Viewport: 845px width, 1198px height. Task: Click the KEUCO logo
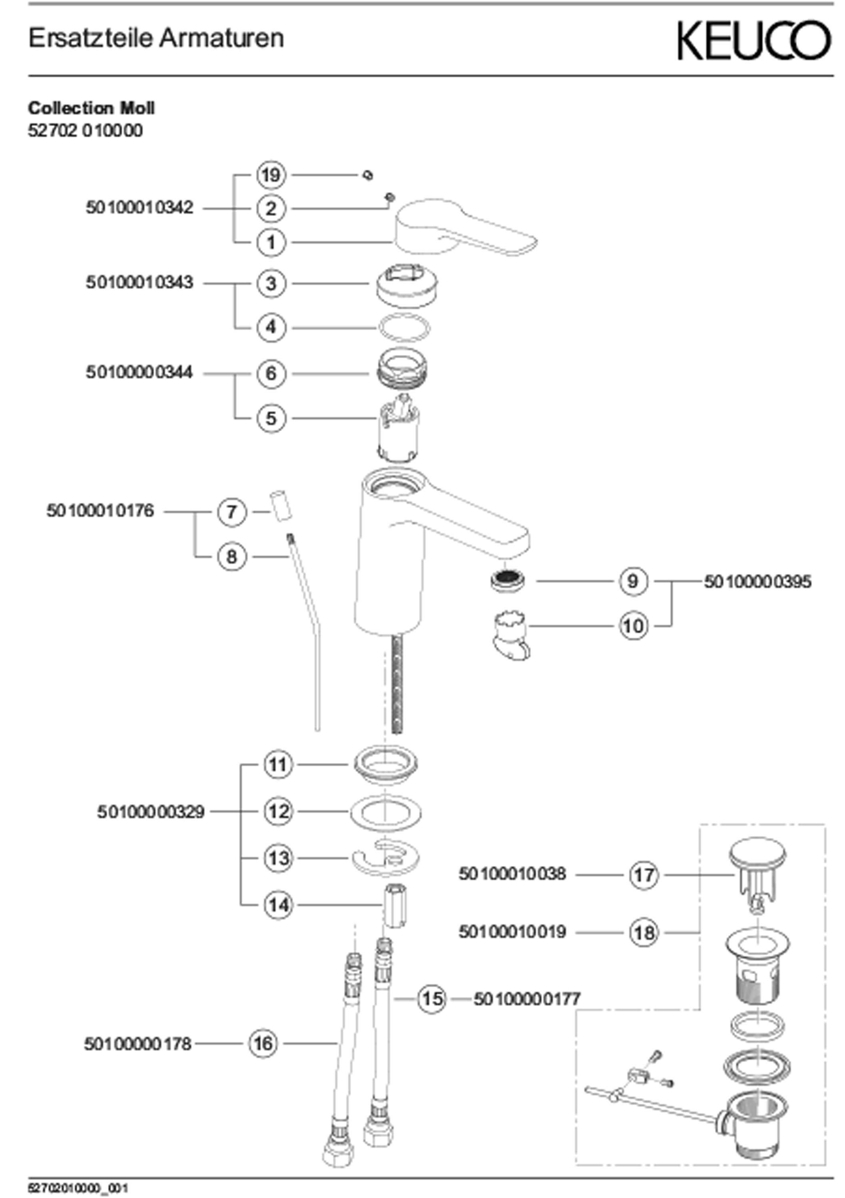[753, 40]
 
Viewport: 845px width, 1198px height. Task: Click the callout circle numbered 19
[271, 175]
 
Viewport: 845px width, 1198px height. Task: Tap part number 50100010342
[140, 208]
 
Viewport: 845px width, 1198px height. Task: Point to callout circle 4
[271, 328]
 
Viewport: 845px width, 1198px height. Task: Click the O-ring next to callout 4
[404, 328]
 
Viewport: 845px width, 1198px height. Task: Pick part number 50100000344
[140, 373]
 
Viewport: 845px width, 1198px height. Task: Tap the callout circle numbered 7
[231, 512]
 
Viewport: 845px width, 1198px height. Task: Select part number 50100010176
[101, 511]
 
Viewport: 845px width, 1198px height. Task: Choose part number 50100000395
[758, 582]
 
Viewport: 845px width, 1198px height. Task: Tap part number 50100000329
[151, 812]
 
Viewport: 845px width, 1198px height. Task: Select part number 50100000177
[527, 999]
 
